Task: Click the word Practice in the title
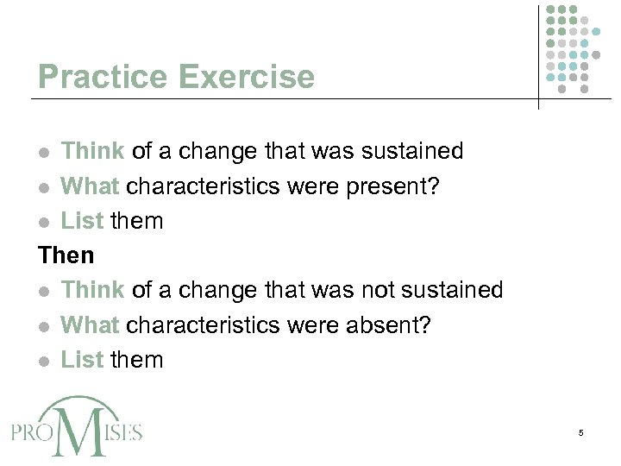[104, 78]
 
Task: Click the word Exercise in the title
[247, 78]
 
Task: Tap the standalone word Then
[66, 255]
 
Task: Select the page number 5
[581, 431]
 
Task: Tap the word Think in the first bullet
[93, 151]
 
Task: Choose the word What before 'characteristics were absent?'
[91, 325]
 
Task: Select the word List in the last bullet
[82, 360]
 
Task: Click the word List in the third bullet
[82, 221]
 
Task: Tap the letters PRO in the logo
[31, 431]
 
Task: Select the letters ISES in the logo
[124, 431]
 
